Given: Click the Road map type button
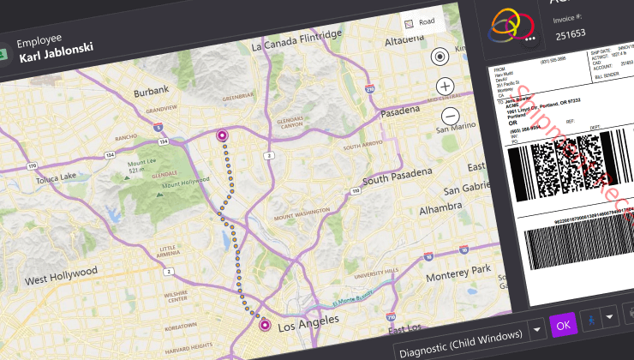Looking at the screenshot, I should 420,21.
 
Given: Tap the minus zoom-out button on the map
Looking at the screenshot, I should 450,116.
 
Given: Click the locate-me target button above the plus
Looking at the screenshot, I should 440,57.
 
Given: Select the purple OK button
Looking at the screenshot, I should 563,325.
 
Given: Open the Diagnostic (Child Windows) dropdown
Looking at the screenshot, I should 537,328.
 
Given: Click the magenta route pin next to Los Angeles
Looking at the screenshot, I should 265,325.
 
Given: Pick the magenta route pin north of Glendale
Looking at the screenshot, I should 222,135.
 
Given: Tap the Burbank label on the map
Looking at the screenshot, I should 151,89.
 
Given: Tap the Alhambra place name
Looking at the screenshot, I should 440,207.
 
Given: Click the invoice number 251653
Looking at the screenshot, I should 571,34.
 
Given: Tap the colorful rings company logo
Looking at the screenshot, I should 512,26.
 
